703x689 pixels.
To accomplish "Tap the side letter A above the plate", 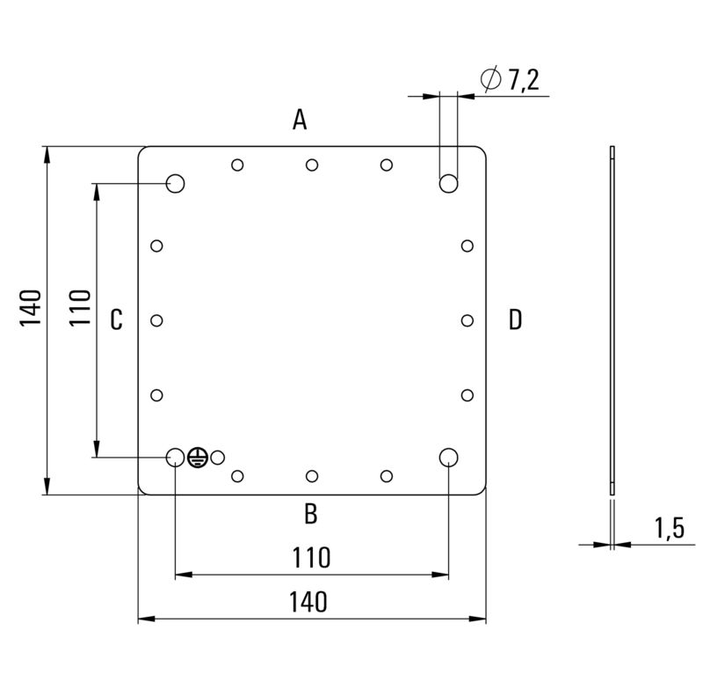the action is [x=300, y=120].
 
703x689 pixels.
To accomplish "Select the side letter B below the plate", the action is [x=311, y=514].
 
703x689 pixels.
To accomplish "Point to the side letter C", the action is [x=116, y=319].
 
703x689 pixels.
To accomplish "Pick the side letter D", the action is [x=515, y=319].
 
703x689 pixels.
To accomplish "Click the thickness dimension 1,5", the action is [x=670, y=528].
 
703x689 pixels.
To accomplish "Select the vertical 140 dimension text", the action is [x=31, y=308].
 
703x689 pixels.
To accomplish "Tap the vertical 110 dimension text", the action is [x=80, y=308].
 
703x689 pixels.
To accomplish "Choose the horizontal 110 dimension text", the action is [x=311, y=558].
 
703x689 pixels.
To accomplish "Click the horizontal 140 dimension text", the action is [x=308, y=602].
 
